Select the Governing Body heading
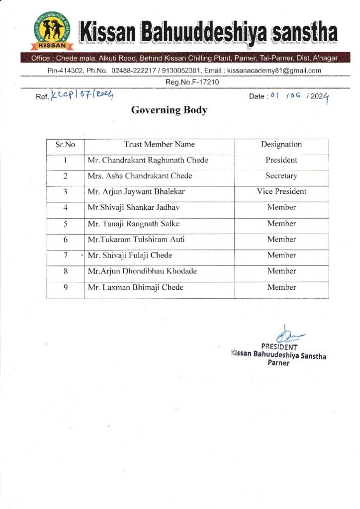coord(169,110)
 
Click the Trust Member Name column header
coord(159,145)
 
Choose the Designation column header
coord(281,145)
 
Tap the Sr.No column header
coord(65,145)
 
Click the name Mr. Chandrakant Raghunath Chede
coord(148,161)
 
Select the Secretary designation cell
coord(281,176)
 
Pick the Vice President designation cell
coord(281,191)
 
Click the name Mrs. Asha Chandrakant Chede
coord(140,176)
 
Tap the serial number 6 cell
coord(65,240)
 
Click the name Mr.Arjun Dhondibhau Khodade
coord(142,271)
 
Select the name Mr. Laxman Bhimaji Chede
coord(135,287)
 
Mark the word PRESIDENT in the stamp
coord(279,347)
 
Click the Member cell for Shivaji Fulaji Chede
coord(281,255)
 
